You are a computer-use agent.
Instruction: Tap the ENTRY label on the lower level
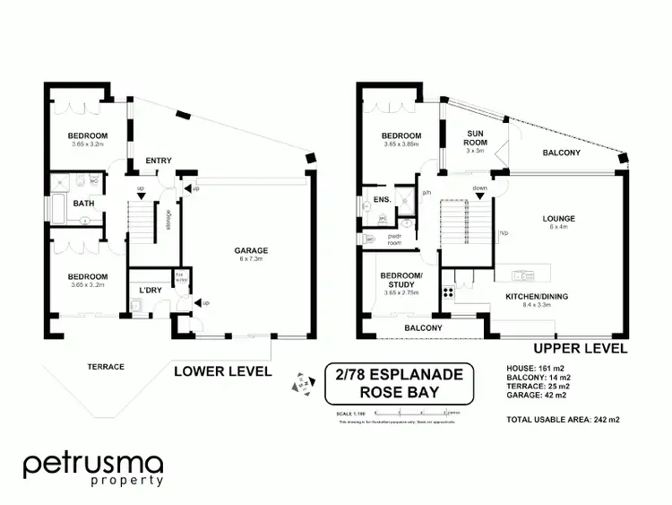[158, 161]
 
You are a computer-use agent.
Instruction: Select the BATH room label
[84, 203]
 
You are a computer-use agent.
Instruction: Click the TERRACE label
[105, 366]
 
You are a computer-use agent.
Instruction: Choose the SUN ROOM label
[474, 137]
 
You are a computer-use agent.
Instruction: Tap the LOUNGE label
[558, 218]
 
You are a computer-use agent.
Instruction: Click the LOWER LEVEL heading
[222, 370]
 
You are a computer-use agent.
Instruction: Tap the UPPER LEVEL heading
[580, 348]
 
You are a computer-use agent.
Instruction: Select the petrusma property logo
[93, 470]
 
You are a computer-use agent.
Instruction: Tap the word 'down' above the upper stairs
[479, 188]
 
